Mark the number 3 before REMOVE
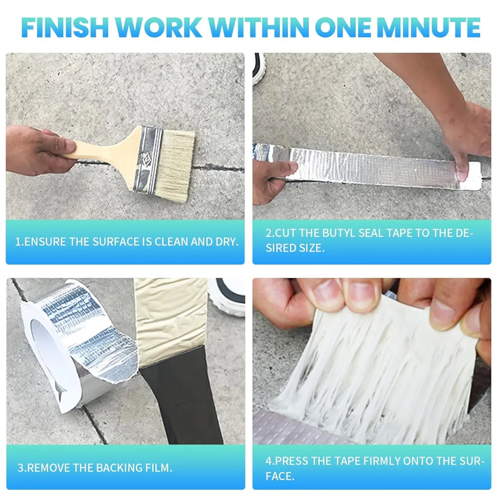(21, 468)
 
